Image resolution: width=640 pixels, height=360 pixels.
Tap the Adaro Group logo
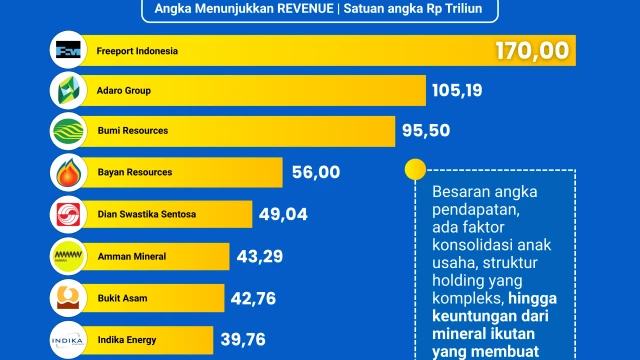pyautogui.click(x=68, y=91)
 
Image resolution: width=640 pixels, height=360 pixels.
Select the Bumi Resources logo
pyautogui.click(x=68, y=131)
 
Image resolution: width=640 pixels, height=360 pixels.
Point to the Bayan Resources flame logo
pyautogui.click(x=68, y=172)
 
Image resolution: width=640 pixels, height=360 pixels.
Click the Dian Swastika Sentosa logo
pyautogui.click(x=68, y=213)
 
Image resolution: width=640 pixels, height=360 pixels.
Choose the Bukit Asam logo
pyautogui.click(x=68, y=297)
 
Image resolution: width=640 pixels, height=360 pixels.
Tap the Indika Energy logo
pyautogui.click(x=68, y=338)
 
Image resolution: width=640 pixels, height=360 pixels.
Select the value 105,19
pyautogui.click(x=458, y=91)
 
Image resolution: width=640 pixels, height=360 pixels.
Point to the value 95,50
pyautogui.click(x=429, y=131)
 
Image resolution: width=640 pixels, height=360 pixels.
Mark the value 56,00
pyautogui.click(x=316, y=172)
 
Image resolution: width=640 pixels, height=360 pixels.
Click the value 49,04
pyautogui.click(x=281, y=213)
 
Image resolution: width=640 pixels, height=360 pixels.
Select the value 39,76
pyautogui.click(x=242, y=338)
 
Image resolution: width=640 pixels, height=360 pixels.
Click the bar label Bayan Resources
pyautogui.click(x=135, y=172)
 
